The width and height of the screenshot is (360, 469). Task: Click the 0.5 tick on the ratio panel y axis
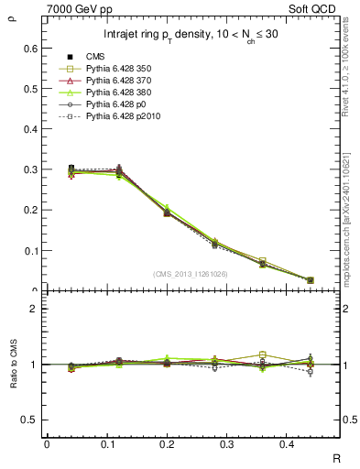32,420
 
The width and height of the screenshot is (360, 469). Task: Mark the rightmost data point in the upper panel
311,280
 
